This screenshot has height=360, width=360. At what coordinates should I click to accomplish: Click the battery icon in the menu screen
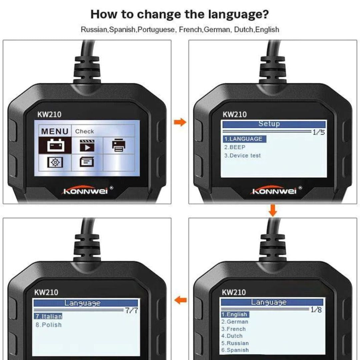(x=56, y=145)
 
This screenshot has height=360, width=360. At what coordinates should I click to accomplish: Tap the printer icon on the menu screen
(x=119, y=145)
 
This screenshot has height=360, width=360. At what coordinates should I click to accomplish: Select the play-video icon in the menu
(x=87, y=146)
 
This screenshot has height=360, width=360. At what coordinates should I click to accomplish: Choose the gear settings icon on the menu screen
(x=55, y=162)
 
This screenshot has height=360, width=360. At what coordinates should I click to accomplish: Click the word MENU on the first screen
(x=55, y=131)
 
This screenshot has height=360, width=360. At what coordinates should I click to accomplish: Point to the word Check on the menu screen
(x=84, y=131)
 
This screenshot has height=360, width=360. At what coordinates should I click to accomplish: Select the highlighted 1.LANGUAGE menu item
(x=245, y=139)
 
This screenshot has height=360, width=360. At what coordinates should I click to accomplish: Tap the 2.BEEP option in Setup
(x=235, y=147)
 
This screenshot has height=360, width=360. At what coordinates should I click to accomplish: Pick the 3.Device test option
(x=242, y=155)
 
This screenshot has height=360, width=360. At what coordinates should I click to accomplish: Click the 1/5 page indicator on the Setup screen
(x=319, y=132)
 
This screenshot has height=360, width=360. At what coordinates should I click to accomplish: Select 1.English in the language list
(x=235, y=314)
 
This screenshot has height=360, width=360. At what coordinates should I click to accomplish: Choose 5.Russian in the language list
(x=235, y=343)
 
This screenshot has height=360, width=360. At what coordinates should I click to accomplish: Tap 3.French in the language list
(x=233, y=329)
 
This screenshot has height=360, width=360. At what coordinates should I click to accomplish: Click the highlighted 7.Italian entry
(x=48, y=316)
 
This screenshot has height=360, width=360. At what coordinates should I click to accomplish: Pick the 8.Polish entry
(x=49, y=325)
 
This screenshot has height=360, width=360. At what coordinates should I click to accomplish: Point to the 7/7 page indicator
(x=131, y=310)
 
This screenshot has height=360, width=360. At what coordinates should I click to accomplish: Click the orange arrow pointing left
(x=180, y=300)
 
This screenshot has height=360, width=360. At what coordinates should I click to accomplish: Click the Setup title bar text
(x=269, y=124)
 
